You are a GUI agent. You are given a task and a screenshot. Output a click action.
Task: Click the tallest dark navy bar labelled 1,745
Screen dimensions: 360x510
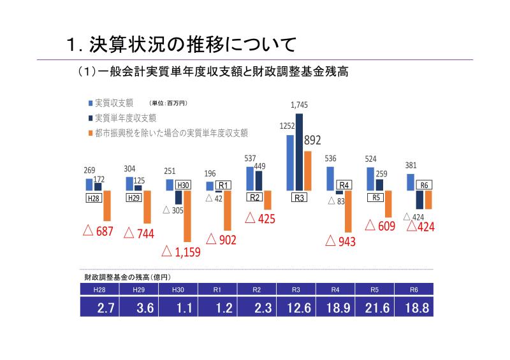pos(299,152)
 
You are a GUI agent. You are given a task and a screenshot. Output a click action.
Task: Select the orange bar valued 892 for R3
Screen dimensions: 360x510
pos(308,171)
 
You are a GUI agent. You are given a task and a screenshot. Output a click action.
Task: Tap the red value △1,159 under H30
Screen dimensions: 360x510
pos(181,252)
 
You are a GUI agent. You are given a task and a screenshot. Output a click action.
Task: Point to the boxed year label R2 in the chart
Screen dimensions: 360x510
pos(255,198)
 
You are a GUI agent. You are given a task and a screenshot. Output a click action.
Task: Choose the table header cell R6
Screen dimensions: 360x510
pos(416,289)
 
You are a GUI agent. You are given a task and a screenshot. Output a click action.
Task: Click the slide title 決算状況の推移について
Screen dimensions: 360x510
pos(181,45)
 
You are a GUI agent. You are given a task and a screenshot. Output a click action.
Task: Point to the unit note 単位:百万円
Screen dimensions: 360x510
pos(168,103)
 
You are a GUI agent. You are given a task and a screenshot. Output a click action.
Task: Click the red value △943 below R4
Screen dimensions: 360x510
pos(340,241)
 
